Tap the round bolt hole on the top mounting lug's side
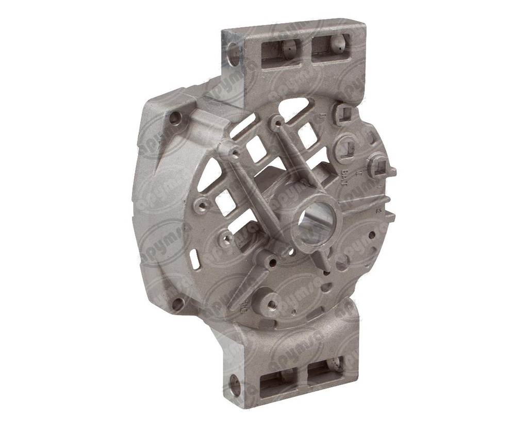(x=234, y=53)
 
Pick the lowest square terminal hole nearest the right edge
(x=382, y=168)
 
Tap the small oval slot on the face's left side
(x=194, y=260)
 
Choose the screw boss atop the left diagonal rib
(x=235, y=153)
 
